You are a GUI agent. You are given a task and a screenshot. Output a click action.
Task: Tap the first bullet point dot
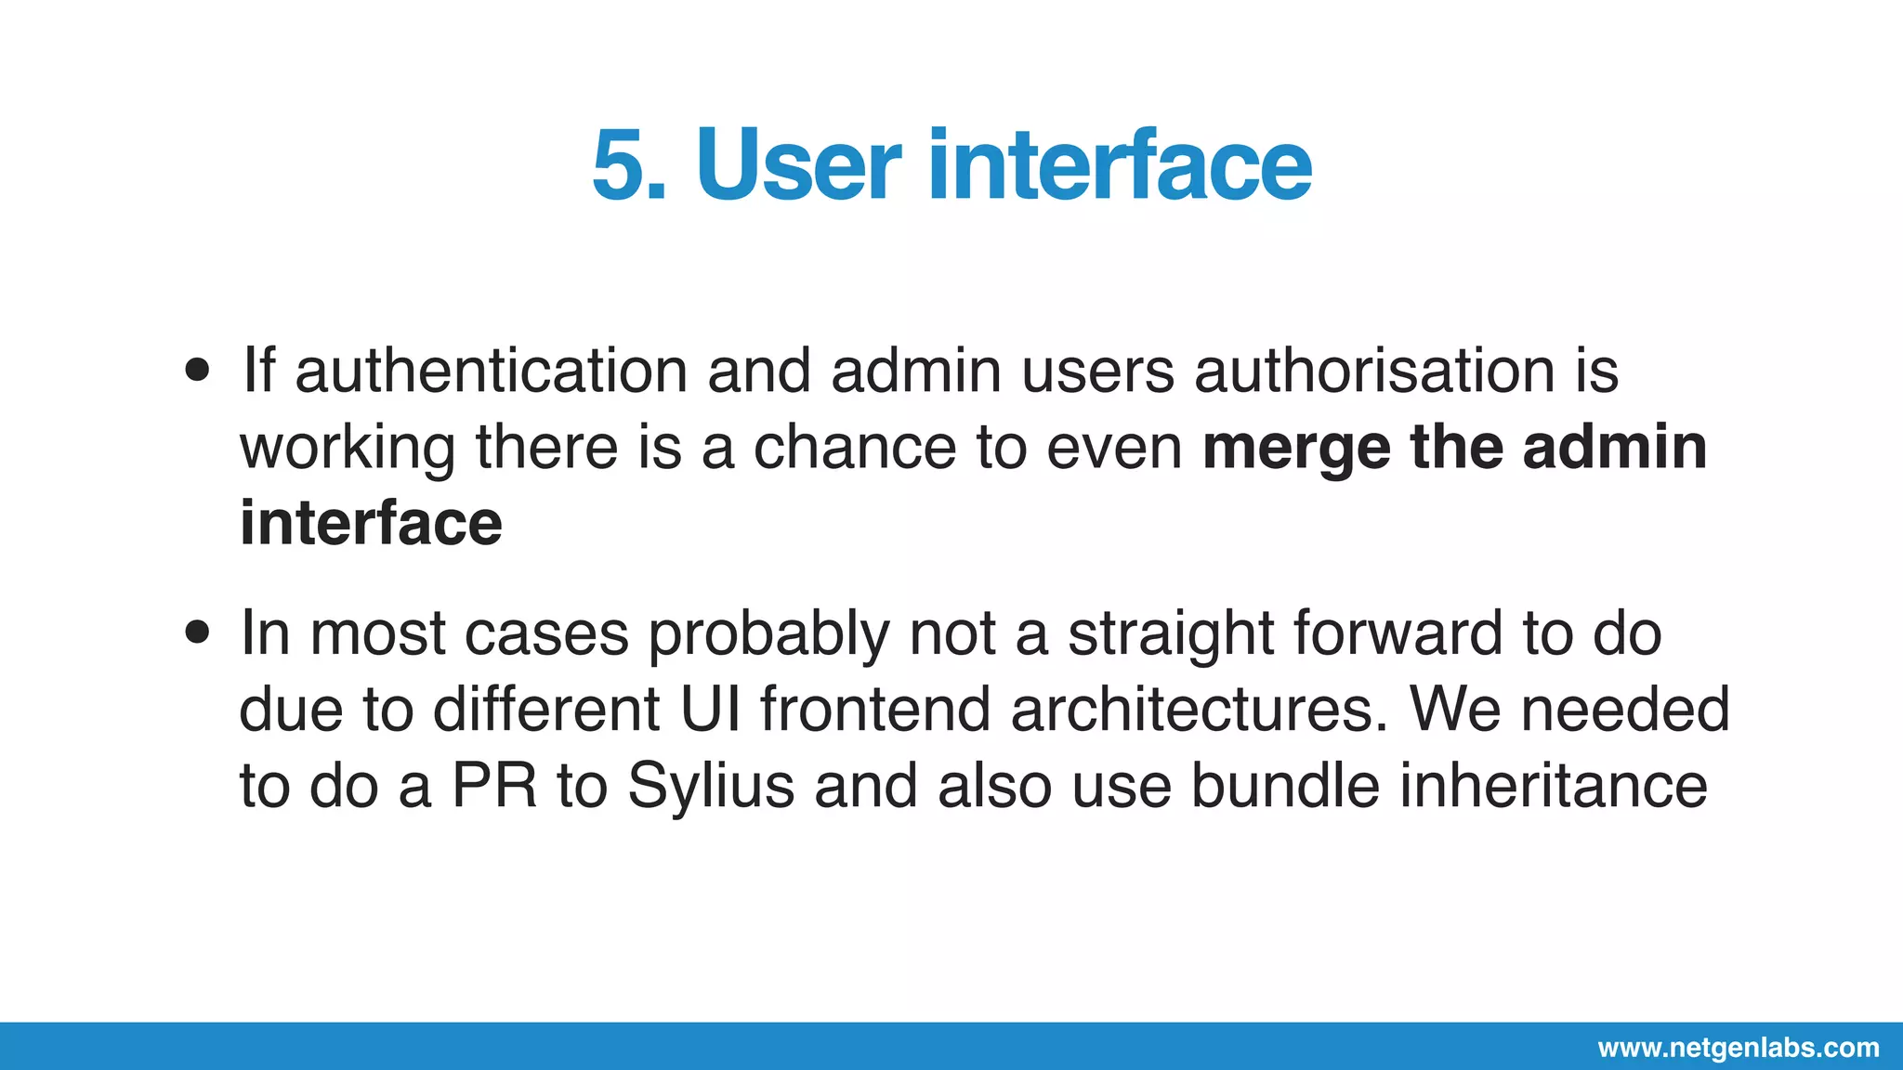click(x=197, y=371)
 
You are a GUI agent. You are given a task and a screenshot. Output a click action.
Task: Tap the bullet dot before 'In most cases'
click(x=197, y=633)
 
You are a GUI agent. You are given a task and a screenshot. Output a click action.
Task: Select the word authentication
click(x=492, y=371)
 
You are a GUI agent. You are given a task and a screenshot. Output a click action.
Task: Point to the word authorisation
click(x=1374, y=371)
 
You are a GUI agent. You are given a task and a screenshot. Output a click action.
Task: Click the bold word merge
click(x=1296, y=449)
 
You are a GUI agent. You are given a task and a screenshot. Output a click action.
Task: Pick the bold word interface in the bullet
click(x=371, y=523)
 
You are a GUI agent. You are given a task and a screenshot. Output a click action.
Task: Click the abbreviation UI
click(x=711, y=710)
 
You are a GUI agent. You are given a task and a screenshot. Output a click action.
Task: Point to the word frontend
click(x=875, y=710)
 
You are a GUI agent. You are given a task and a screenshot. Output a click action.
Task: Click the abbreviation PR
click(x=494, y=786)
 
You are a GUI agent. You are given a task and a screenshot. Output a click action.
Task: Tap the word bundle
click(x=1285, y=786)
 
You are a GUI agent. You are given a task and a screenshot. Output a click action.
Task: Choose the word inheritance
click(x=1554, y=786)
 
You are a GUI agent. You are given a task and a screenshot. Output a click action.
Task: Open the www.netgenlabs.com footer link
click(x=1739, y=1048)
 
